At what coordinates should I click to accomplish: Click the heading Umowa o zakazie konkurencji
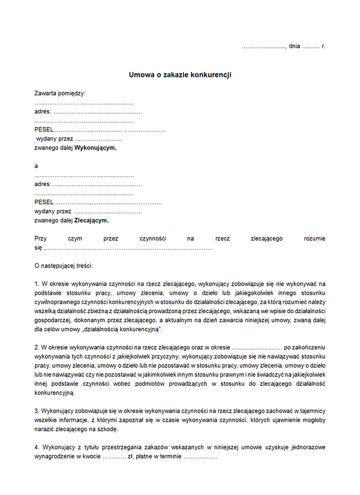click(180, 75)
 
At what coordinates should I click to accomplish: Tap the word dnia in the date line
click(294, 46)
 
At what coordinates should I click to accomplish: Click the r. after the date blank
click(323, 46)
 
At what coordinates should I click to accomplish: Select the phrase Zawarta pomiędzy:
click(60, 93)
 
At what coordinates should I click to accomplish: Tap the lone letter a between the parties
click(37, 166)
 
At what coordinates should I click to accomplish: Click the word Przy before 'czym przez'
click(40, 238)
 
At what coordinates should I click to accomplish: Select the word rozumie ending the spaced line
click(314, 238)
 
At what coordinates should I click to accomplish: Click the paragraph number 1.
click(37, 283)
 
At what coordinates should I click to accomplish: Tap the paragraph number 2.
click(37, 347)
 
